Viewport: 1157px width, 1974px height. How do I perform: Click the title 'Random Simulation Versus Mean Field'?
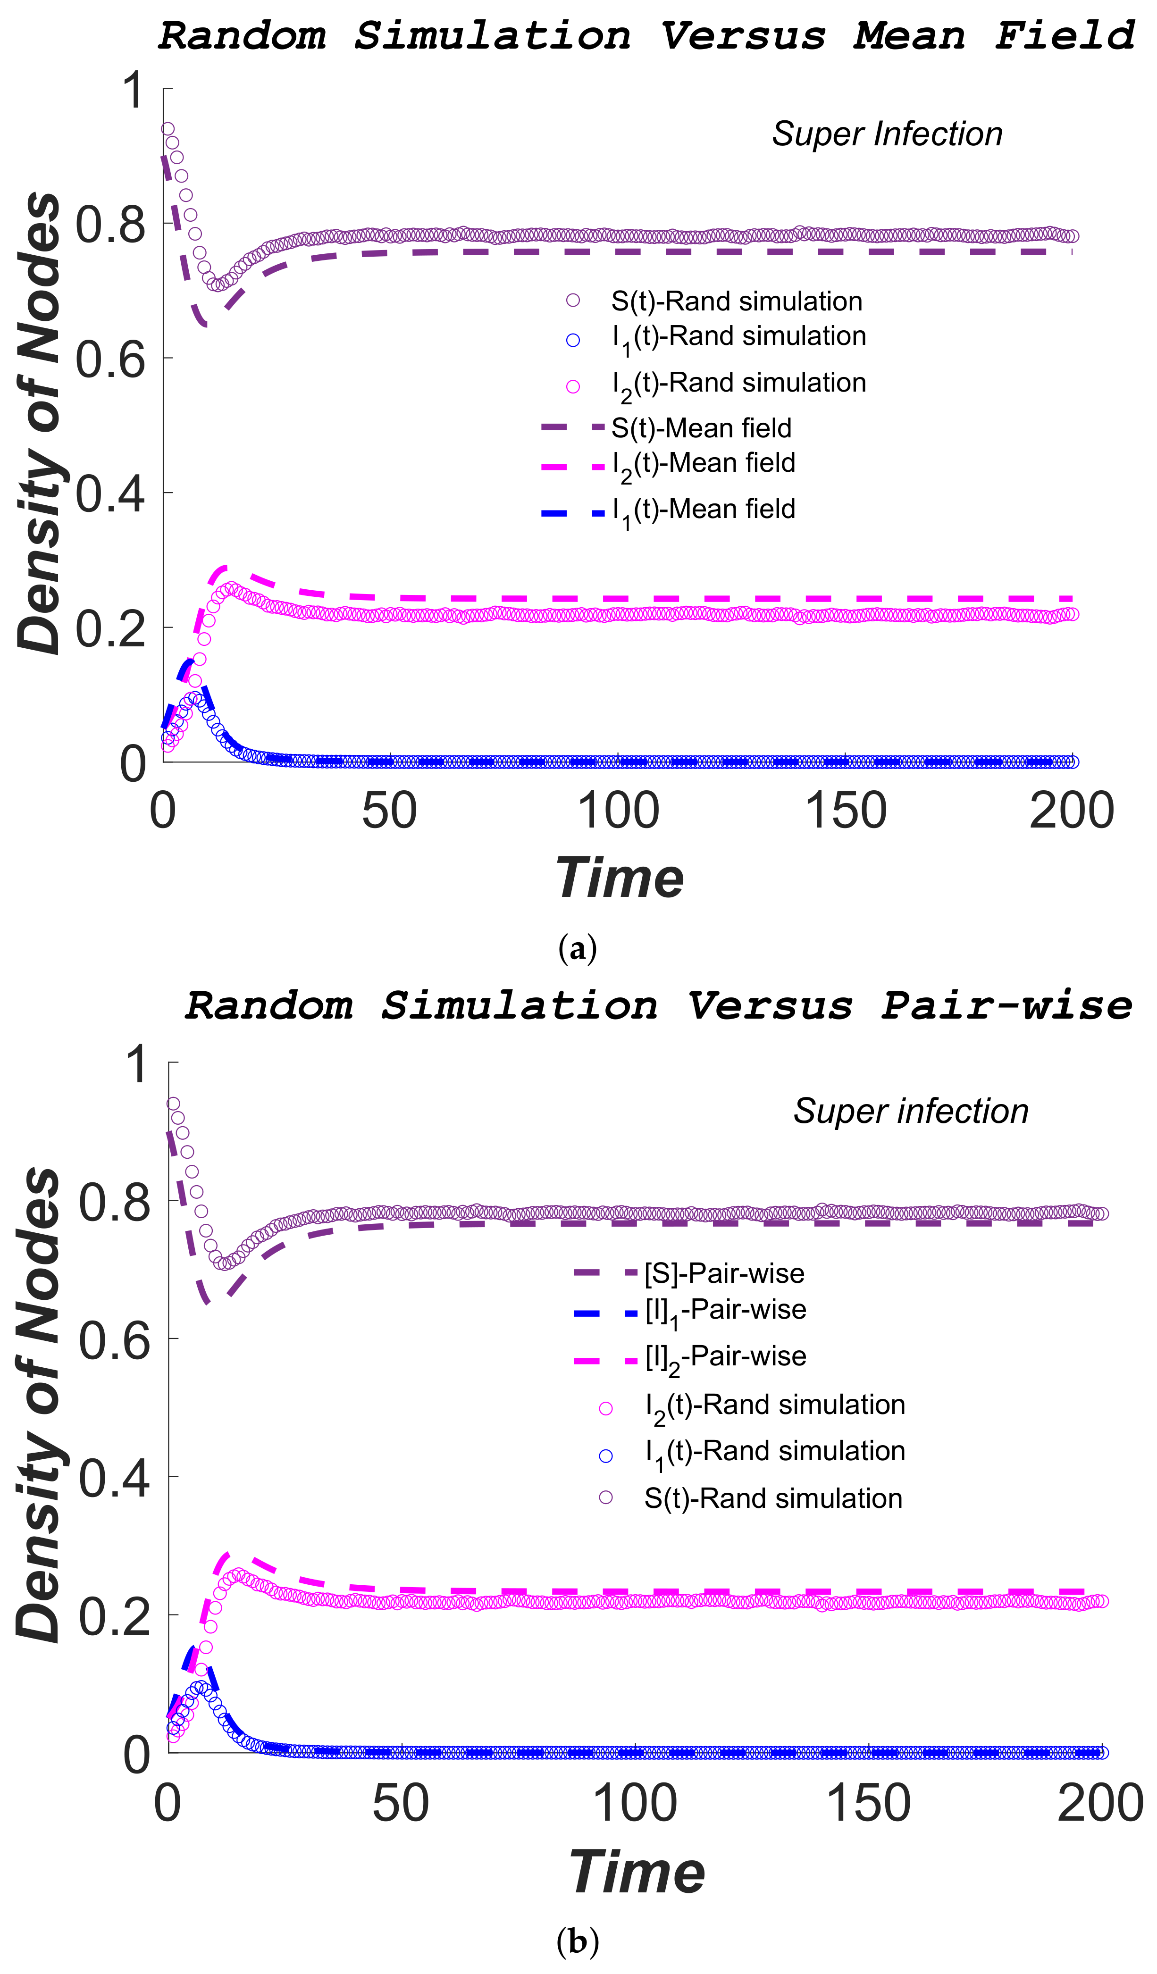(646, 36)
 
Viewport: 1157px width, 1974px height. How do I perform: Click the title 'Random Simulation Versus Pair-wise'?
(659, 1006)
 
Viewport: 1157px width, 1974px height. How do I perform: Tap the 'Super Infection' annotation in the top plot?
(887, 134)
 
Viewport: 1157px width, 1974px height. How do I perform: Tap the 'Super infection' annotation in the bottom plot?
(910, 1111)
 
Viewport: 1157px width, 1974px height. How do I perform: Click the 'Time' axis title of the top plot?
(619, 878)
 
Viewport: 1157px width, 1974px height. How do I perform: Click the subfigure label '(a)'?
(578, 949)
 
